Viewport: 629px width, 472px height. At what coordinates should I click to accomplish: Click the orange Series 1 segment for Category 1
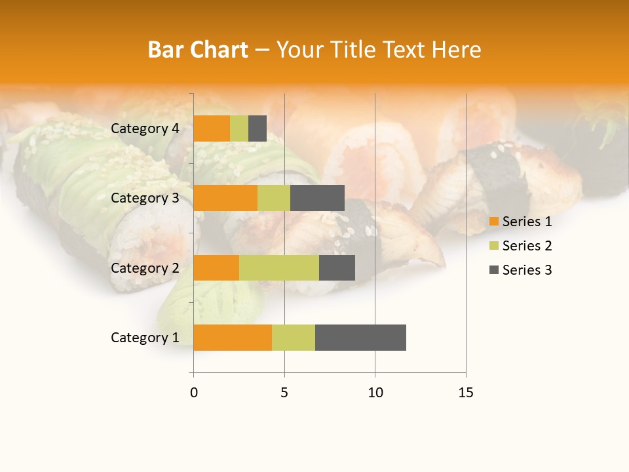[233, 338]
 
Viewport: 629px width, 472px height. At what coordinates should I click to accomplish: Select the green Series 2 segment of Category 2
[279, 267]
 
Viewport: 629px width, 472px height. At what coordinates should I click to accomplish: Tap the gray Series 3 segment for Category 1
[360, 338]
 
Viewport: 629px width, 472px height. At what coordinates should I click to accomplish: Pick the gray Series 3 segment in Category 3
[317, 198]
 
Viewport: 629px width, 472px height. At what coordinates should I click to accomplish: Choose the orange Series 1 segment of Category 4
[212, 128]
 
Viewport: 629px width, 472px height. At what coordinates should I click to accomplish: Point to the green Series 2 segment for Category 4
[239, 128]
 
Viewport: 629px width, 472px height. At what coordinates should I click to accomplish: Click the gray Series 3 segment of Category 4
[257, 128]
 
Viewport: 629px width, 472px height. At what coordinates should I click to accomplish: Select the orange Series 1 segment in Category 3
[225, 198]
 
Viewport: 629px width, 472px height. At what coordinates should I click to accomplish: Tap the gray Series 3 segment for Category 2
[337, 267]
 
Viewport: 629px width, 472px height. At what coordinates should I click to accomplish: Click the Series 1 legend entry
[520, 222]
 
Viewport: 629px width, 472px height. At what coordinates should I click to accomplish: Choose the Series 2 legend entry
[520, 246]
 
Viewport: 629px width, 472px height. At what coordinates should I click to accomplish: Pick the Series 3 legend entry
[520, 270]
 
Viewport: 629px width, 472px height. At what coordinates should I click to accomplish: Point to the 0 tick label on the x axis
[194, 393]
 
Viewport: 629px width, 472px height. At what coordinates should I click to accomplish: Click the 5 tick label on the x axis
[284, 393]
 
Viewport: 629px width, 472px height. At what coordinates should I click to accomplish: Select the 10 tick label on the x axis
[375, 393]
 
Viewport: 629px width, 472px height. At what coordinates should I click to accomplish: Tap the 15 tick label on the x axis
[466, 393]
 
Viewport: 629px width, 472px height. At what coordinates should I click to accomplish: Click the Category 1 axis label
[145, 338]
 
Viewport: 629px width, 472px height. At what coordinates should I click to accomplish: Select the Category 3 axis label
[145, 198]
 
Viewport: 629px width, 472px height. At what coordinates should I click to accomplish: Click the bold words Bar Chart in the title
[197, 50]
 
